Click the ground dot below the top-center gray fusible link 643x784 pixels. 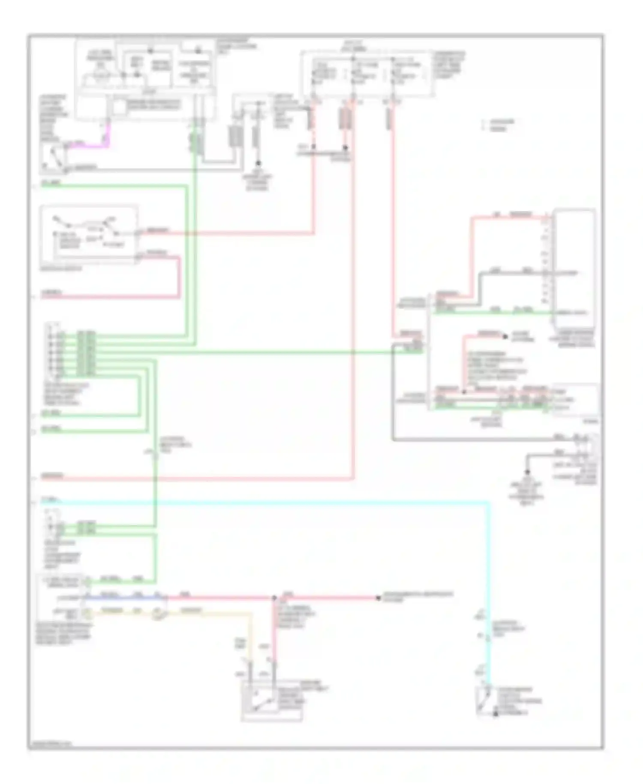click(258, 163)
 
